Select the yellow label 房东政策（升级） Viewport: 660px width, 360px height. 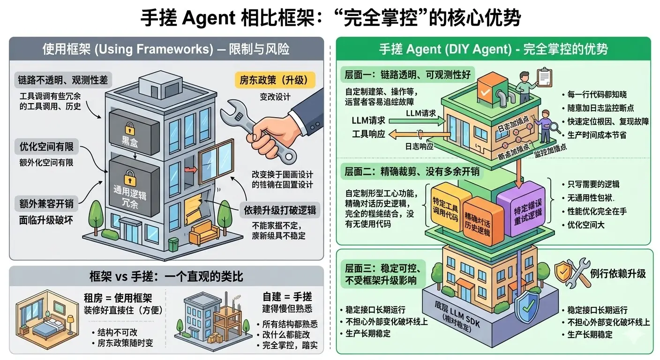pos(275,79)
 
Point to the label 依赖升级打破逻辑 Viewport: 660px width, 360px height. pos(279,210)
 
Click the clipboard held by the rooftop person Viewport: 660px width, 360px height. pos(544,75)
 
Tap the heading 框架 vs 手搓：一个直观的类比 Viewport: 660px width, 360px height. pos(166,276)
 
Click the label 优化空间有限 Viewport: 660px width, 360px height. pos(46,147)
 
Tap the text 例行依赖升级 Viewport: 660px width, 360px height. pos(618,274)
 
